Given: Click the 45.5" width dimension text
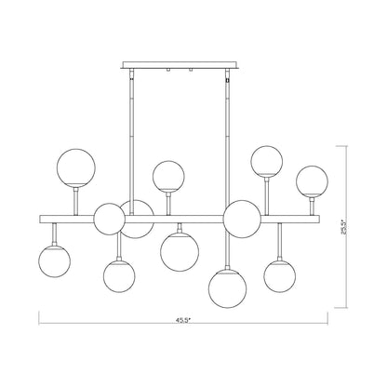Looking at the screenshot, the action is [x=183, y=321].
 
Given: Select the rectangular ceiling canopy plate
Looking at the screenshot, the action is [x=180, y=65].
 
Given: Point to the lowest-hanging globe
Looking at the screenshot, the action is [x=227, y=287].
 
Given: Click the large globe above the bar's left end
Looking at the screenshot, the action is [x=76, y=167].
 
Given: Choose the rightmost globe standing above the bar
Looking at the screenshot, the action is [x=312, y=181].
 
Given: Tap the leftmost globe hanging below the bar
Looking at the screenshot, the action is [x=54, y=261].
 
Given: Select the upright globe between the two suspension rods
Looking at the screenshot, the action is [x=168, y=176].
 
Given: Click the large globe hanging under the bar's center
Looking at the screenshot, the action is [x=180, y=252].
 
